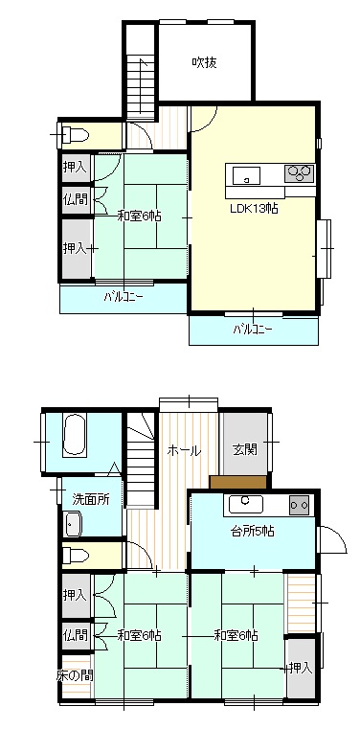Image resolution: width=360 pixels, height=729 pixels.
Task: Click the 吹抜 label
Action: [204, 63]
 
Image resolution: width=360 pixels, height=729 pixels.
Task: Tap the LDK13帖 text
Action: [254, 208]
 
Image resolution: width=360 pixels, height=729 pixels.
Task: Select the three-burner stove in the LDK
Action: [300, 173]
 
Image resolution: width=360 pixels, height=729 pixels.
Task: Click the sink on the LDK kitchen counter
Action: [246, 175]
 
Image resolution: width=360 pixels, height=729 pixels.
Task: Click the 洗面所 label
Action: [92, 499]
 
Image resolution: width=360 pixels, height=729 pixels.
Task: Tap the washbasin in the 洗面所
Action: [73, 523]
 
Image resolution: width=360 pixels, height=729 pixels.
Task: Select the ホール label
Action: [184, 450]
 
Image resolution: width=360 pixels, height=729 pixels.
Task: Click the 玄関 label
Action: [245, 449]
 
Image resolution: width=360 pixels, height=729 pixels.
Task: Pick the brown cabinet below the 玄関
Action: [238, 482]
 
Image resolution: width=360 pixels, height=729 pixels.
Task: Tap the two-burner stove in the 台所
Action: [300, 505]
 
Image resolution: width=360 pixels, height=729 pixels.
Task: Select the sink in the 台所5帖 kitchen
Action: [246, 504]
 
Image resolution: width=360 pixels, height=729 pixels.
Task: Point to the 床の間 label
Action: [75, 674]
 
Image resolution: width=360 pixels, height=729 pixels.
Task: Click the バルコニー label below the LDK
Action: [252, 330]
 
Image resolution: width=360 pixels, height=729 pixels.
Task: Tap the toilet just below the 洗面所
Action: [76, 555]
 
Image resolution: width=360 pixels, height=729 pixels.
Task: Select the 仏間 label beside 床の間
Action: [75, 635]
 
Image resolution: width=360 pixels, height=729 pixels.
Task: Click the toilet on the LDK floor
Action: [75, 135]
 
